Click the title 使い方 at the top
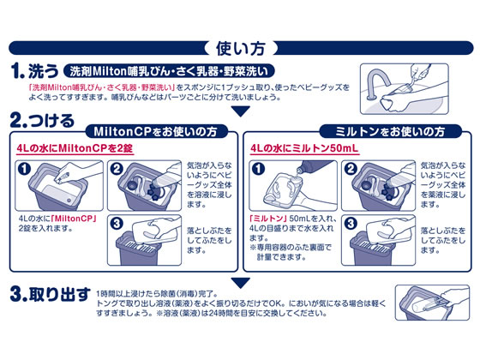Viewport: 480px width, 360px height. point(239,48)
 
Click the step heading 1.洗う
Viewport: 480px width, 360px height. point(35,69)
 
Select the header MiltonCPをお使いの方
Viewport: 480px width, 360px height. point(160,131)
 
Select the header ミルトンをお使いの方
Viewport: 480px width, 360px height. point(391,131)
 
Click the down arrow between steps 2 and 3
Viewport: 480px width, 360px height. point(241,283)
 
